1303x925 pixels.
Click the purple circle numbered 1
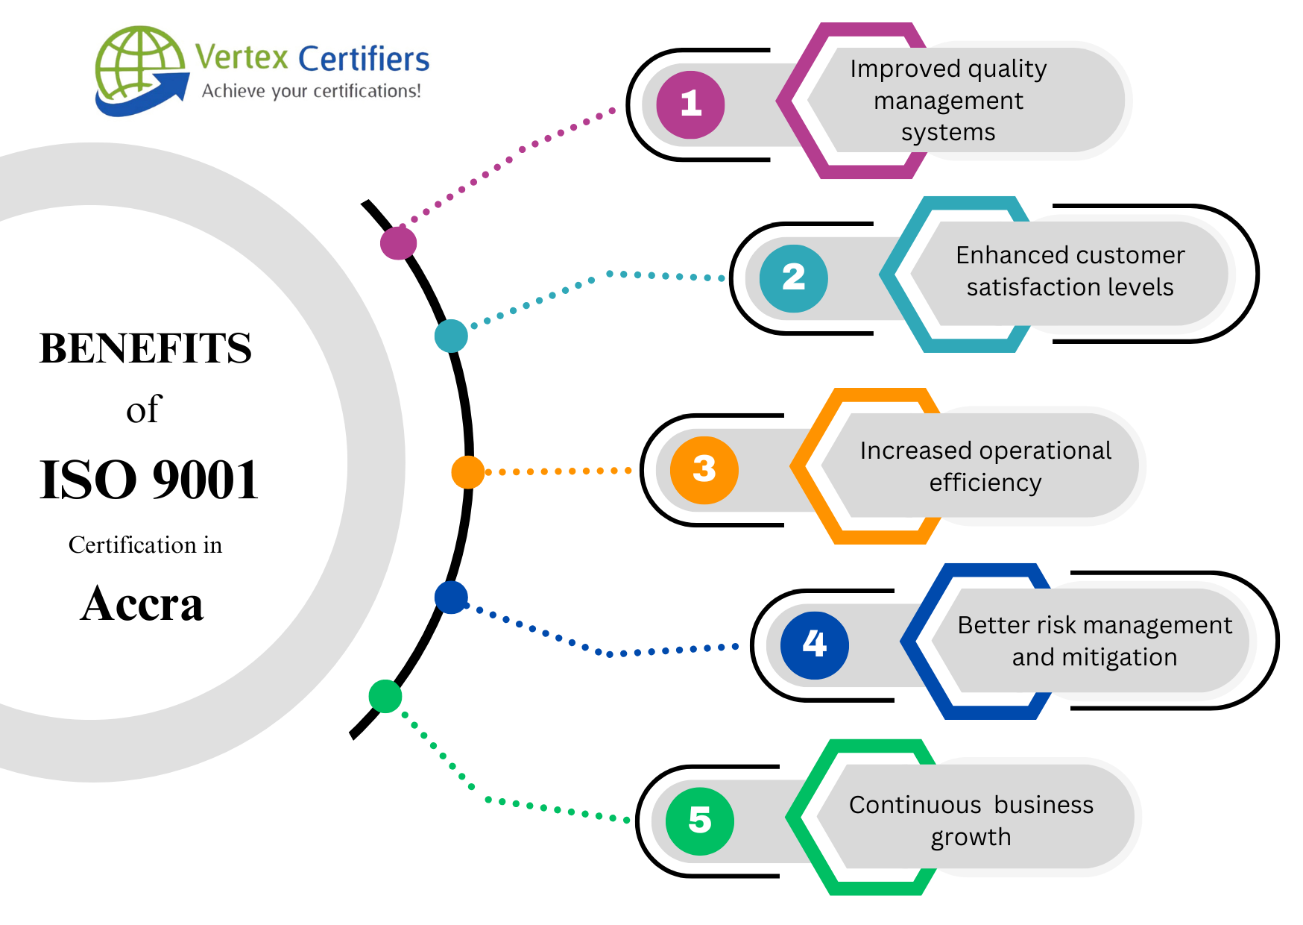pos(690,104)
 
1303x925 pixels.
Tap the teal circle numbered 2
pos(793,278)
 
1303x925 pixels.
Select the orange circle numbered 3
pos(704,470)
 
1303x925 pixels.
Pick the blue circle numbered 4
pos(814,645)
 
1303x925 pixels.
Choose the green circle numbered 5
pos(699,821)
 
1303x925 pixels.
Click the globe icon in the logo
pos(139,65)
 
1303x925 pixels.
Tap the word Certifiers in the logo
pos(364,59)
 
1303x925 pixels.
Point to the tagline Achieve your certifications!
pos(311,91)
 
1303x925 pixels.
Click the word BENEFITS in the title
pos(145,348)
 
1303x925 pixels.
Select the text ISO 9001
pos(148,480)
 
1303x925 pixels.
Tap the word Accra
pos(142,603)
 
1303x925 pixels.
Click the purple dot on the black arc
pos(398,242)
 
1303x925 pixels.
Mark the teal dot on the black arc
pos(451,336)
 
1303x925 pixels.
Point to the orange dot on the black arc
pos(467,472)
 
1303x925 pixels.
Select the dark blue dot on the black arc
pos(451,598)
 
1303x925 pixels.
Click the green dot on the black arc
pos(385,696)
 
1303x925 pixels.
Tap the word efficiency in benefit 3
pos(985,483)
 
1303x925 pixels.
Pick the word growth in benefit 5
pos(971,837)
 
